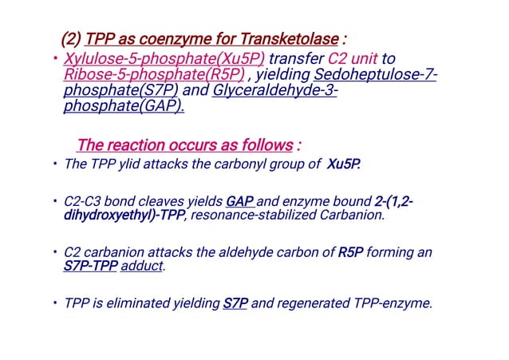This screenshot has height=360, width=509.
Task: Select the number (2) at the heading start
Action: click(70, 40)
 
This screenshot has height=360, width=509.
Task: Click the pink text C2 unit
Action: click(352, 60)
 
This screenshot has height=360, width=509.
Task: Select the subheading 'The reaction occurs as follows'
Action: click(184, 146)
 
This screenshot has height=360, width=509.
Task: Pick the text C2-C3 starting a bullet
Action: click(85, 201)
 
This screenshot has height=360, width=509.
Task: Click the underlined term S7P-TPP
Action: click(90, 267)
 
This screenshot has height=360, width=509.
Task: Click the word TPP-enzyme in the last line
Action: click(392, 303)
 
